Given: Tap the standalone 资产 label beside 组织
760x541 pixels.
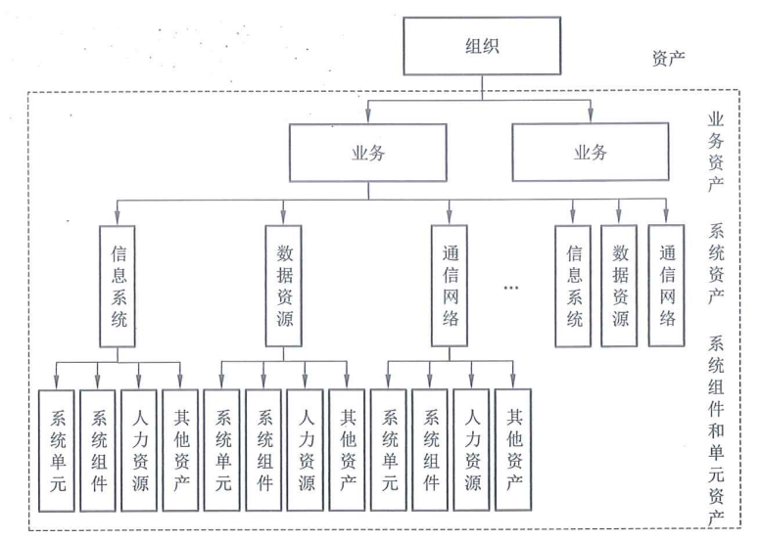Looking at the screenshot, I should tap(669, 57).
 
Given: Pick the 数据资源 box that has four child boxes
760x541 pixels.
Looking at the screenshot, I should tap(283, 284).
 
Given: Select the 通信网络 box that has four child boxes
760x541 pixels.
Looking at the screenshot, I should tap(449, 284).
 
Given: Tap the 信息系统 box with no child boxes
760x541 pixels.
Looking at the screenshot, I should tap(575, 286).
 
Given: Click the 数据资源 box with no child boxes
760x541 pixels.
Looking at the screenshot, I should tap(620, 286).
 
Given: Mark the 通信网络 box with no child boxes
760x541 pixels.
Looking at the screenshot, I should tap(666, 286).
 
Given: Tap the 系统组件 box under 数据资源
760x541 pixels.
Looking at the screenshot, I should tap(263, 451).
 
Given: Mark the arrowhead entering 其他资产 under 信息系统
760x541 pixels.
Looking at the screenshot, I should tap(179, 383).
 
